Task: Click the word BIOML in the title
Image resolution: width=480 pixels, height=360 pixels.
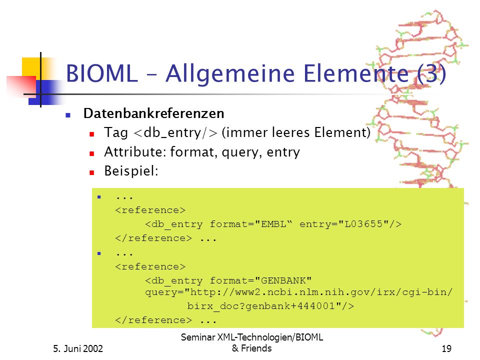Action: point(102,73)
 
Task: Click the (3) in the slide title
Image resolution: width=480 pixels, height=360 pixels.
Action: point(431,74)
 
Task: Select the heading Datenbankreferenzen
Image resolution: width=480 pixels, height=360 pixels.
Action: point(153,113)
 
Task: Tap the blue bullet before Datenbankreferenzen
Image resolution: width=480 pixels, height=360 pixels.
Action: point(68,115)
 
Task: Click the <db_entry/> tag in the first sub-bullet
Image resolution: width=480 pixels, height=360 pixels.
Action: point(175,133)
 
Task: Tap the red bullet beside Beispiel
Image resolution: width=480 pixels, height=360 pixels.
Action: point(91,173)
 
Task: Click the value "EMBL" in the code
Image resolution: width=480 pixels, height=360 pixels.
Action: point(273,224)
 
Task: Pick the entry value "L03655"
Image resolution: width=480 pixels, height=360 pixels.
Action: point(363,224)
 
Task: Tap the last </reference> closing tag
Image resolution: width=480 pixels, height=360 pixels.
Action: point(153,320)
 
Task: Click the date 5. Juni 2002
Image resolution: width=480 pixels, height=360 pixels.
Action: point(78,348)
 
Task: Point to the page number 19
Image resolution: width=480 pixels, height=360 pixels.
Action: point(446,348)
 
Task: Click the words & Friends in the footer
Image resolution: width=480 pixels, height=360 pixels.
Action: point(251,348)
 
